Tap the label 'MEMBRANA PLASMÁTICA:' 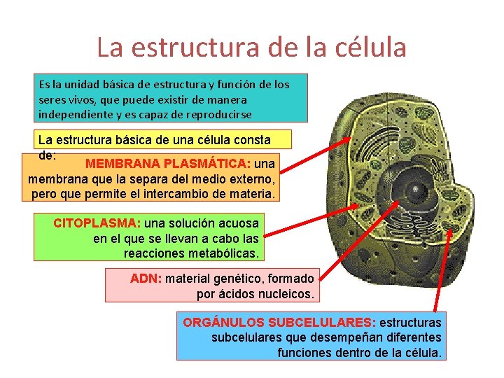(167, 164)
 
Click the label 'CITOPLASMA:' (97, 223)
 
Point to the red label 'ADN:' (146, 278)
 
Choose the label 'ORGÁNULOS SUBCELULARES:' (279, 323)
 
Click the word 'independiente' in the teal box (72, 113)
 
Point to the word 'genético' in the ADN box (242, 278)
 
